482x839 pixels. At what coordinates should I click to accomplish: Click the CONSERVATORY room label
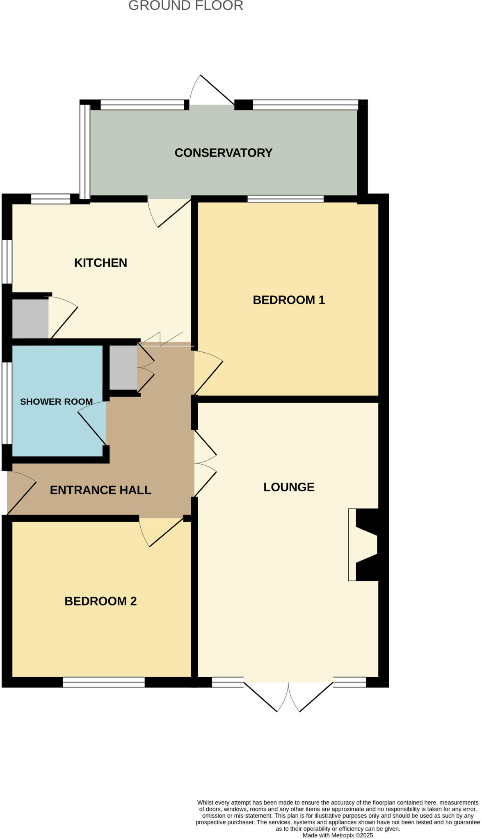pos(224,153)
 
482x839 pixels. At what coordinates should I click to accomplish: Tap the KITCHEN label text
pos(101,263)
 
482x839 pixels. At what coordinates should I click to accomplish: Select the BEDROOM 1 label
pos(289,300)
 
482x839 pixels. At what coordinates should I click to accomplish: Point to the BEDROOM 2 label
pos(101,601)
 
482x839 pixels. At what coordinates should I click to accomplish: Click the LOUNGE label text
pos(289,487)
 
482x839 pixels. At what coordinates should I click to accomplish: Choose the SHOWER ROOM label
pos(57,401)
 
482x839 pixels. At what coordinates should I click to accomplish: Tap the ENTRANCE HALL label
pos(101,490)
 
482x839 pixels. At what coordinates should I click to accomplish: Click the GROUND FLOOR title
pos(186,6)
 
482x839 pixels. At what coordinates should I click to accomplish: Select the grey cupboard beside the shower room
pos(123,367)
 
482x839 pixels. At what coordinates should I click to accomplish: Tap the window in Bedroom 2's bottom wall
pos(104,682)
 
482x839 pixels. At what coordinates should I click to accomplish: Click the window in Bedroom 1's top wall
pos(286,199)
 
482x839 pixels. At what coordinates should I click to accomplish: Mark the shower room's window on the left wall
pos(7,403)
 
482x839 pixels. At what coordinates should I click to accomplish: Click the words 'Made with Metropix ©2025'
pos(338,835)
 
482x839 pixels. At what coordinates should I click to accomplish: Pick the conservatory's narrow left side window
pos(85,152)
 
